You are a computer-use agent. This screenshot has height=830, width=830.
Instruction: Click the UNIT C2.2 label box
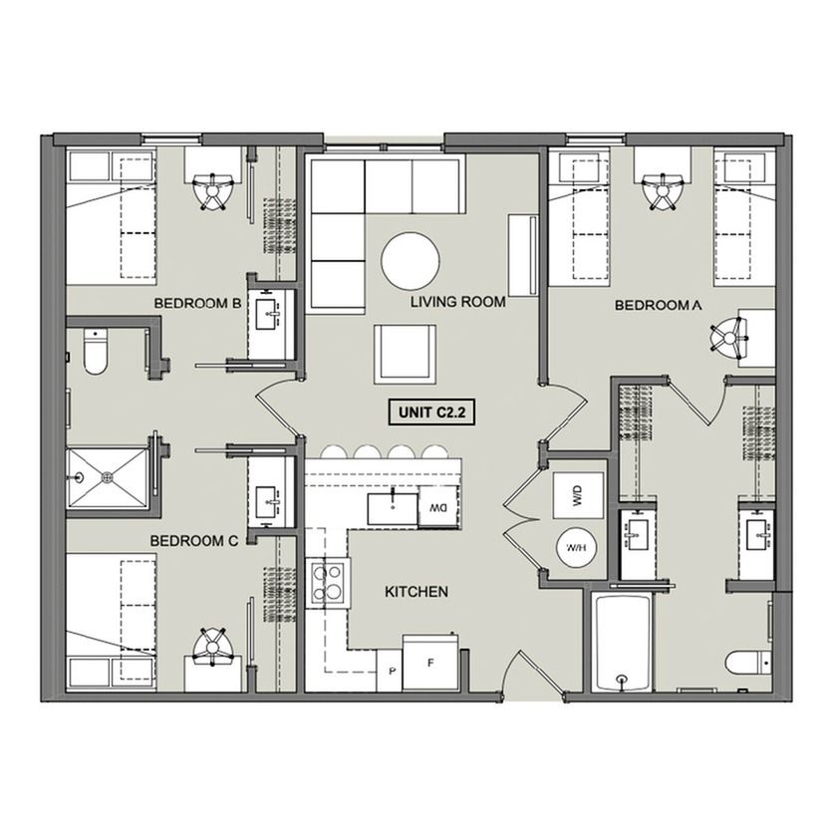coord(431,412)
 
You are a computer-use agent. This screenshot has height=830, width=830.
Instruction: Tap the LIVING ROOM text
coord(458,302)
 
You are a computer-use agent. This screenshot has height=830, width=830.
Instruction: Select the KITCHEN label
coord(416,591)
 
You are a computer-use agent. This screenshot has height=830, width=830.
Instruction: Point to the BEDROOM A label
coord(658,306)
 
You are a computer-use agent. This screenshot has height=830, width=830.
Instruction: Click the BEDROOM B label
coord(197,303)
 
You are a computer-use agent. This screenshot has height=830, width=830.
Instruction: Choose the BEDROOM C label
coord(194,541)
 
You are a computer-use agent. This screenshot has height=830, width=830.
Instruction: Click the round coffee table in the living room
coord(411,260)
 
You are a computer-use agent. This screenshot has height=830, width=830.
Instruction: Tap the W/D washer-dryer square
coord(578,495)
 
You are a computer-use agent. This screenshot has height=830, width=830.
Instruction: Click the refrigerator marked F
coord(430,663)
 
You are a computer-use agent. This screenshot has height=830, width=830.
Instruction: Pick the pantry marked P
coord(390,672)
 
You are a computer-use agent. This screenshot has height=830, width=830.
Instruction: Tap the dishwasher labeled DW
coord(438,507)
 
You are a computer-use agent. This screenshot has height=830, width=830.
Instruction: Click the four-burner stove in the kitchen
coord(328,583)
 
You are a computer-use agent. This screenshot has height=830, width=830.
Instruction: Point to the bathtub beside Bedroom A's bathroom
coord(623,643)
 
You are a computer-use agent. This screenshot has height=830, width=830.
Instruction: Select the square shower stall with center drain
coord(108,477)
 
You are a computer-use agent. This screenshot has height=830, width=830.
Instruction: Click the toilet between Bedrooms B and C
coord(96,352)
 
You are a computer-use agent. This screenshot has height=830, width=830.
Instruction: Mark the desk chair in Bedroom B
coord(213,191)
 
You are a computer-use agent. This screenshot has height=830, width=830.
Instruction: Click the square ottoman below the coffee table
coord(406,354)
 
